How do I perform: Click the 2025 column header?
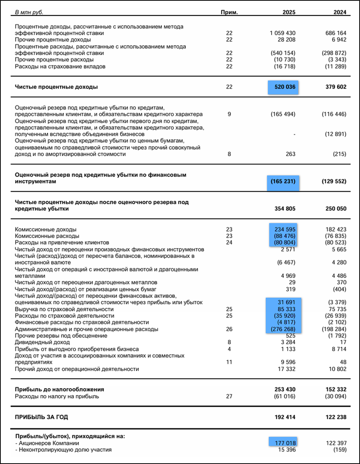pos(289,12)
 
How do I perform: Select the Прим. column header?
pos(229,12)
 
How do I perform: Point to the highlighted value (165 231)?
pos(283,181)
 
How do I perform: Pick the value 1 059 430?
pos(282,33)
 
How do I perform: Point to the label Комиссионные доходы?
pos(46,229)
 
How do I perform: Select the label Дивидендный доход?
pos(42,342)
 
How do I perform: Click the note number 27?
pos(229,396)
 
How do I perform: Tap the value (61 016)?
pos(283,396)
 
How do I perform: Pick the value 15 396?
pos(287,450)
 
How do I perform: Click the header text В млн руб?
pos(29,12)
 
